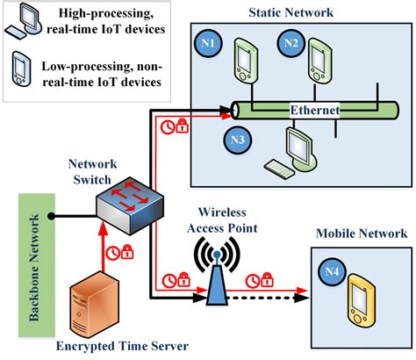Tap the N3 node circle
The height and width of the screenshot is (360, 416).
pos(236,138)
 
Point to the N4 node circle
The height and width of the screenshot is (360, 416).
pos(332,273)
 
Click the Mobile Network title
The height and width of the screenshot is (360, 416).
pos(361,233)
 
